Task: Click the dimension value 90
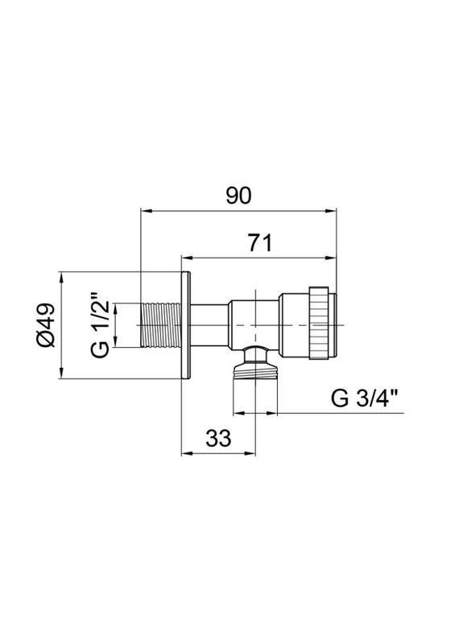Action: tap(239, 196)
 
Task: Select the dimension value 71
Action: tap(258, 242)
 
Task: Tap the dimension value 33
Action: tap(218, 438)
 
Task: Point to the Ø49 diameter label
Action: tap(45, 325)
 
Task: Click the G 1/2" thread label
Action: tap(99, 325)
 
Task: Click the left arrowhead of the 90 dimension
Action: tap(146, 213)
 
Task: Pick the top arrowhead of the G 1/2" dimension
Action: tap(115, 308)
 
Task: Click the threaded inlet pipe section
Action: tap(161, 325)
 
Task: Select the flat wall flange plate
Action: tap(186, 325)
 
